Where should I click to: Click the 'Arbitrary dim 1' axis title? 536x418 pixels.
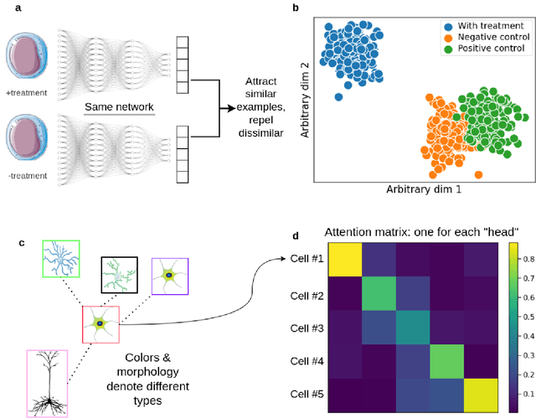pos(425,189)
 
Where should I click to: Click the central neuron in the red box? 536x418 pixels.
pos(100,324)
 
